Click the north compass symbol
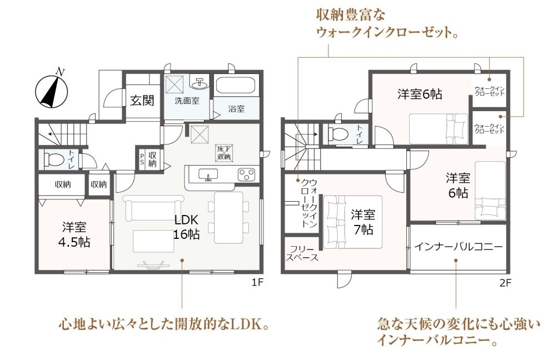[52, 91]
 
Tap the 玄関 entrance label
[142, 101]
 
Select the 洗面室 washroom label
[187, 101]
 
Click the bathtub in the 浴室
[237, 86]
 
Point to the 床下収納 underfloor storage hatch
[224, 153]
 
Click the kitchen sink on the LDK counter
[208, 174]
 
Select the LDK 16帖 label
[186, 227]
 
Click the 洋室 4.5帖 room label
[74, 235]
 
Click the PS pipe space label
[142, 159]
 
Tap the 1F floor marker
[257, 282]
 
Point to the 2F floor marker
[505, 283]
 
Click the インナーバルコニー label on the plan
[459, 247]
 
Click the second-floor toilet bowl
[338, 134]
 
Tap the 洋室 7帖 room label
[363, 222]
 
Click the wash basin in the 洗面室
[200, 83]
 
